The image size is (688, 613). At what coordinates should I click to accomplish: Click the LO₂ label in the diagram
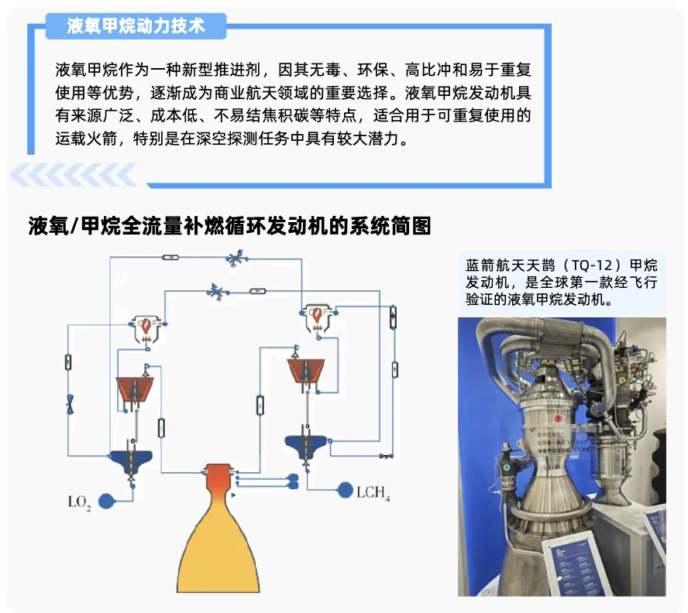(80, 503)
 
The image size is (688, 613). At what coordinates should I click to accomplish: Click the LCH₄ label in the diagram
(373, 492)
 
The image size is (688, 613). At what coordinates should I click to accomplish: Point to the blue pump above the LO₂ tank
(129, 459)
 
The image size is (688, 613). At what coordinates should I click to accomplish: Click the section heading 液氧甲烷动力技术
(136, 26)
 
